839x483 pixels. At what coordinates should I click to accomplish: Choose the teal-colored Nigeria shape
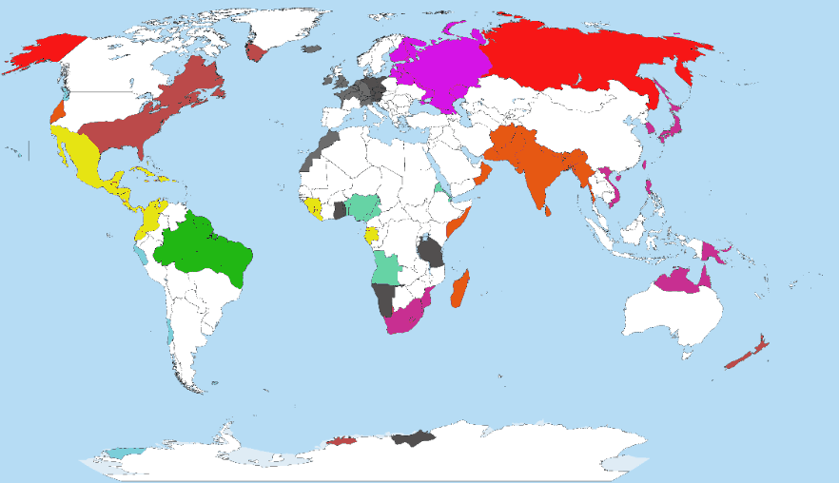pos(362,205)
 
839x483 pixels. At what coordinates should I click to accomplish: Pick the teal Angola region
pos(385,268)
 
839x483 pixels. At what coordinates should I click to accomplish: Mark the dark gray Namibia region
pos(383,299)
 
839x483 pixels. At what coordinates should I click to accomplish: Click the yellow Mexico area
pos(81,162)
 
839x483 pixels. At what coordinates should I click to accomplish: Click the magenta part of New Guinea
pos(712,252)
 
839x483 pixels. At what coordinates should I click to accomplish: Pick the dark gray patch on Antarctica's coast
pos(413,438)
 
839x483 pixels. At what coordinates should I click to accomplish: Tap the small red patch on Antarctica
pos(341,440)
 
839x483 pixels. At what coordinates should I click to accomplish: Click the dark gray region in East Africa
pos(431,253)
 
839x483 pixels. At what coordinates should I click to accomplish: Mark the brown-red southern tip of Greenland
pos(255,51)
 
